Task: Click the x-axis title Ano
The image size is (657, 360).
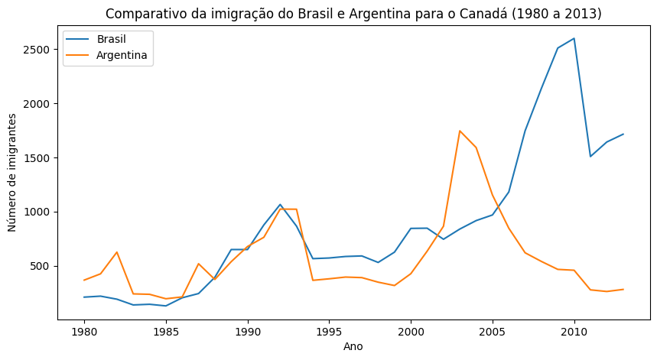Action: (x=353, y=346)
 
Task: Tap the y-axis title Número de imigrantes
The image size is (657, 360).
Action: (x=13, y=172)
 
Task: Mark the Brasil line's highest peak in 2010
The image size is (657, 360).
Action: (x=574, y=38)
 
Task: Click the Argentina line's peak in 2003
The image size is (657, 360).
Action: (x=460, y=131)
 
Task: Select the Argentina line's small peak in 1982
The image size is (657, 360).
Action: (x=117, y=252)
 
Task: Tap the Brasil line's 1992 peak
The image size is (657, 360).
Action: (x=280, y=204)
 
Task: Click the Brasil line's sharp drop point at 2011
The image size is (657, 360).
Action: (x=590, y=157)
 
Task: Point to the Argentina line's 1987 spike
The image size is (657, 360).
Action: (x=199, y=264)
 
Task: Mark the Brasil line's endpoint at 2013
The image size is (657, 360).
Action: (x=623, y=134)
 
